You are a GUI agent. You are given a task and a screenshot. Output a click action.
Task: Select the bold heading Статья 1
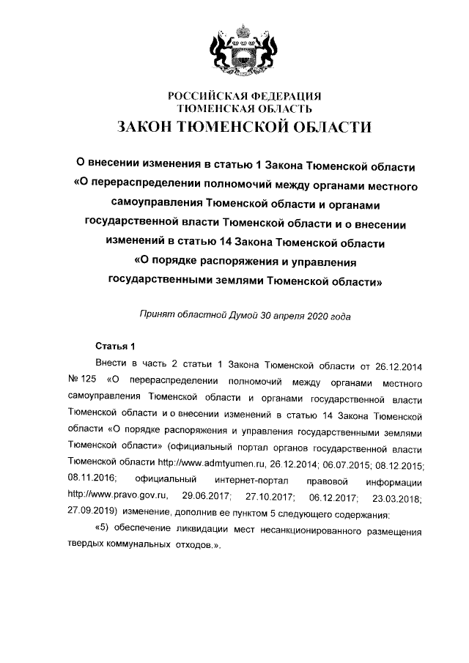coord(116,345)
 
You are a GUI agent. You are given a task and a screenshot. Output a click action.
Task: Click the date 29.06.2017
coord(195,498)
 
